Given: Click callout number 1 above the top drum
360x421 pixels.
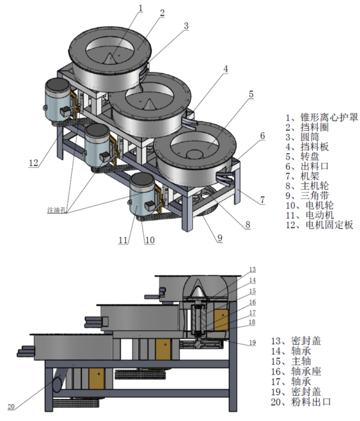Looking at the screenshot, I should point(140,8).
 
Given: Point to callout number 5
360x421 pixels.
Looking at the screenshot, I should point(250,94).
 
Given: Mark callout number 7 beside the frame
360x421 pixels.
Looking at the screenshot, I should point(261,199).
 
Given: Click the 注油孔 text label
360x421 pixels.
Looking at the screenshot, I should point(58,209).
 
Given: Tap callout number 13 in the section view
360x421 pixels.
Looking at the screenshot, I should point(252,269).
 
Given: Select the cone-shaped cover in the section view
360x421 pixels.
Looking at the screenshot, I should point(198,290).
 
